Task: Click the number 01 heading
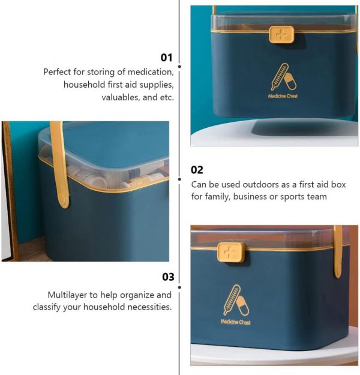(x=166, y=58)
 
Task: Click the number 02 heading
(x=197, y=170)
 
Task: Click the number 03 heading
(x=168, y=277)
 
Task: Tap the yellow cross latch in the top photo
(x=281, y=34)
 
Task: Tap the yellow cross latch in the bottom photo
(x=231, y=252)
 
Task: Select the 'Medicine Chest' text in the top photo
(x=283, y=96)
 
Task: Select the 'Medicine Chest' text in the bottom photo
(x=236, y=322)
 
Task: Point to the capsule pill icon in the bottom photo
(x=242, y=305)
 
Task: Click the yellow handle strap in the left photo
(x=59, y=165)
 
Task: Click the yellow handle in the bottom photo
(x=338, y=251)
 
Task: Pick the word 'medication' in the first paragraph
(x=151, y=72)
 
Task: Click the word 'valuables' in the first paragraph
(x=121, y=98)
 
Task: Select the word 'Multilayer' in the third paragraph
(x=67, y=295)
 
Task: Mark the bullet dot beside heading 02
(x=179, y=179)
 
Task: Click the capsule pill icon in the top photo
(x=290, y=82)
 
